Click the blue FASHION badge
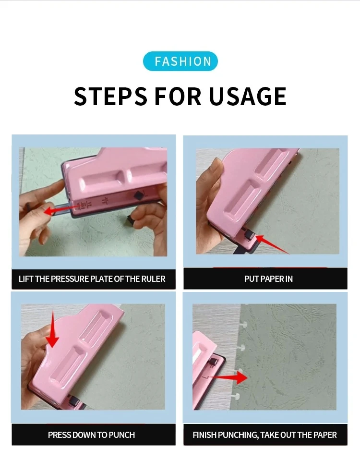point(180,61)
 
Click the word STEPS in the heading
point(110,96)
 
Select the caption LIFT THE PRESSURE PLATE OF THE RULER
point(92,279)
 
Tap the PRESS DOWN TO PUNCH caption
point(91,435)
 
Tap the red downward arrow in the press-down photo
point(52,336)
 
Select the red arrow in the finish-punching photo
point(228,378)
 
